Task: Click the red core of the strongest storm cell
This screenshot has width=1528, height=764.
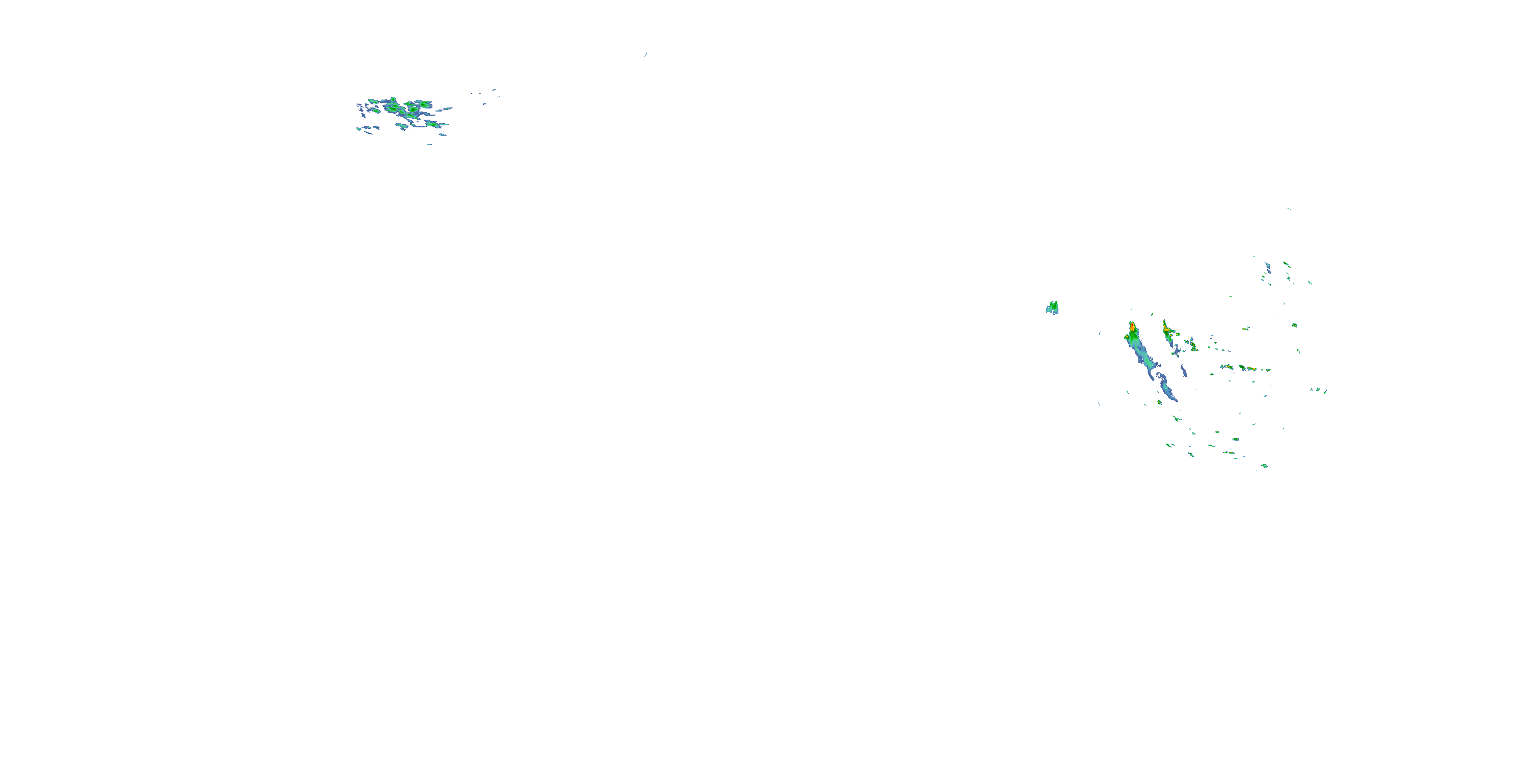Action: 1132,327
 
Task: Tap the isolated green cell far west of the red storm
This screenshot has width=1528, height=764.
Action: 1052,307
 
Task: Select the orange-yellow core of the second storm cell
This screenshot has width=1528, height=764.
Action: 1166,329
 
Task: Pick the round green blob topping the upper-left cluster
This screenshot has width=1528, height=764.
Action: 393,100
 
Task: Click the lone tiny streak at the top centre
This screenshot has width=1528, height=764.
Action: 645,54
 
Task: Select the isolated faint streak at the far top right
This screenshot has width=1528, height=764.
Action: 1288,208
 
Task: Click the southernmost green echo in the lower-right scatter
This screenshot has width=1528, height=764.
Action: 1264,466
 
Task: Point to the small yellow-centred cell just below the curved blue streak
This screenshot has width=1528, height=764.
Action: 1160,402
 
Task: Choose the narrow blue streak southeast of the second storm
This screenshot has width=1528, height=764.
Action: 1183,370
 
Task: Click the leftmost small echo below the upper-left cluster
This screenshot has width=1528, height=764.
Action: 360,128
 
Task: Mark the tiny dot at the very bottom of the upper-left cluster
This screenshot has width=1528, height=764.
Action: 429,144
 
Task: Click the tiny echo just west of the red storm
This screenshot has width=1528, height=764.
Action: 1100,334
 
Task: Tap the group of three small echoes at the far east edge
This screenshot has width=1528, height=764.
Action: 1319,390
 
